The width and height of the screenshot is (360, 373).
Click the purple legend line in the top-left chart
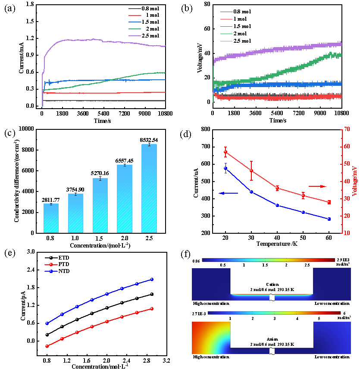coord(135,36)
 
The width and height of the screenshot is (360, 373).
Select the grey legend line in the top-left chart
coord(135,9)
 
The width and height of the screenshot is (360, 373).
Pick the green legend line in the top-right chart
coord(226,34)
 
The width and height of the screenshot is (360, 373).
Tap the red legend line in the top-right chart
coord(226,19)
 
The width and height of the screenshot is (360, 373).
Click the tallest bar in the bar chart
coord(149,189)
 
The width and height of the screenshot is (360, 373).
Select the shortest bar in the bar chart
coord(51,218)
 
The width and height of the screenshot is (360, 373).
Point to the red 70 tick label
coord(347,129)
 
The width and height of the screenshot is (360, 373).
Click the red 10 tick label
coord(347,233)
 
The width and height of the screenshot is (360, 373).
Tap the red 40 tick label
coord(347,181)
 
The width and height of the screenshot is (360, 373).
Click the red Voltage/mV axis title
coord(354,181)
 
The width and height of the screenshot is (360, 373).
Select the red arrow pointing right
coord(318,186)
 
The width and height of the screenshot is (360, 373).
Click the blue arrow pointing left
coord(228,193)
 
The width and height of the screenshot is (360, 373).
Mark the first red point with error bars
coord(225,152)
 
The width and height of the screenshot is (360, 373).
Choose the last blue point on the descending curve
coord(329,219)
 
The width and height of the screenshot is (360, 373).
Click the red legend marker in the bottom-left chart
coord(51,264)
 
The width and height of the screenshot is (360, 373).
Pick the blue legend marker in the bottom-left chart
coord(51,271)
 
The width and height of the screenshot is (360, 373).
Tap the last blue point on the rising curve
coord(152,279)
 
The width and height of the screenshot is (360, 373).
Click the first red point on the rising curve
coord(47,346)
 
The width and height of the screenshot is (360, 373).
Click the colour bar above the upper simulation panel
coord(268,260)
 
